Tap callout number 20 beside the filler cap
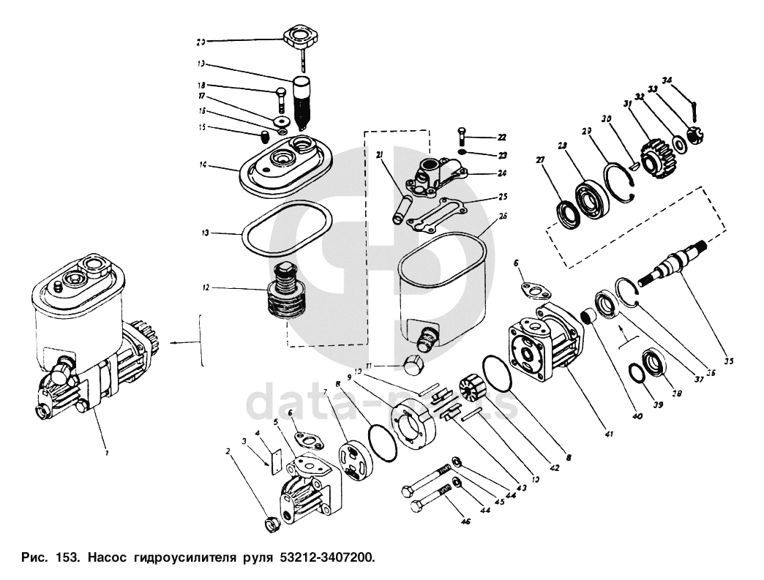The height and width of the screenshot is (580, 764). pyautogui.click(x=201, y=42)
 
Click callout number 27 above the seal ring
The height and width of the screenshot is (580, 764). pyautogui.click(x=540, y=159)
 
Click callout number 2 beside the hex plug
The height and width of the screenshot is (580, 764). pyautogui.click(x=228, y=451)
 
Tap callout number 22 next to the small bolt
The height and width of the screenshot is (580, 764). pyautogui.click(x=502, y=137)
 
